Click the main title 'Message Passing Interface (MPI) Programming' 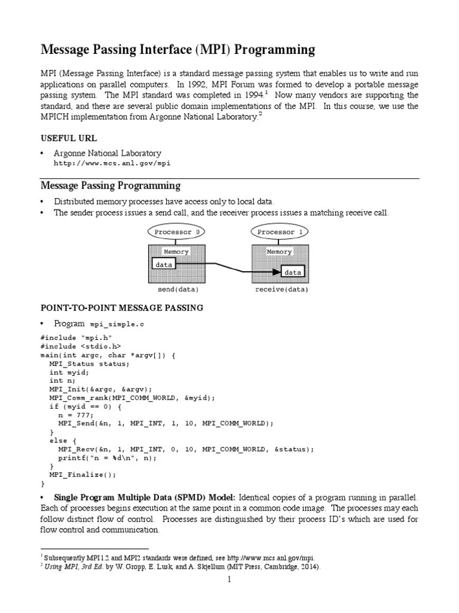coord(177,50)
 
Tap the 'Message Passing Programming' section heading coord(110,186)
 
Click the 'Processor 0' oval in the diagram coord(176,232)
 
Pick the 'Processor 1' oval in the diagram coord(280,232)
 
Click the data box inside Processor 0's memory coord(164,263)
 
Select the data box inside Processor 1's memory coord(292,272)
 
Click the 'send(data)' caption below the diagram coord(178,290)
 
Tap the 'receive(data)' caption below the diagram coord(281,290)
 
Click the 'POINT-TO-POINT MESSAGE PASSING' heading coord(121,308)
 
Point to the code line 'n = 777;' coord(76,414)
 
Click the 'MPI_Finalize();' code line coord(82,474)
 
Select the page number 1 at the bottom coord(228,580)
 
